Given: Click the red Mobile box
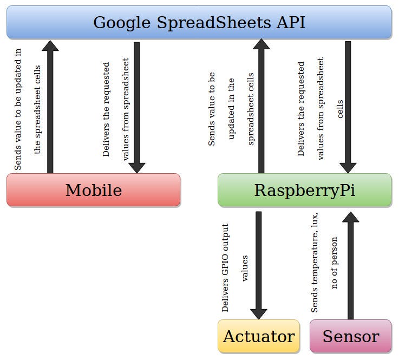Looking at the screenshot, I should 93,190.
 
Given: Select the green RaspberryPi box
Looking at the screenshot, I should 304,190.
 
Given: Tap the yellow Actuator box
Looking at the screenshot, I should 258,336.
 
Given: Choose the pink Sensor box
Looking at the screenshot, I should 350,336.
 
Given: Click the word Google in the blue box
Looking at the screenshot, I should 122,23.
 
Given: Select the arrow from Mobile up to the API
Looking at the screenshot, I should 50,108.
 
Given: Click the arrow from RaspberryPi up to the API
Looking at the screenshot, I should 261,108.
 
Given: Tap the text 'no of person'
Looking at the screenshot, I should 334,263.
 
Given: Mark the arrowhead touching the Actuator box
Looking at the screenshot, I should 258,313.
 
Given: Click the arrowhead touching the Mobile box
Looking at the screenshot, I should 136,167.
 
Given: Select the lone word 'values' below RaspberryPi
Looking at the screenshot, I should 245,269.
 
